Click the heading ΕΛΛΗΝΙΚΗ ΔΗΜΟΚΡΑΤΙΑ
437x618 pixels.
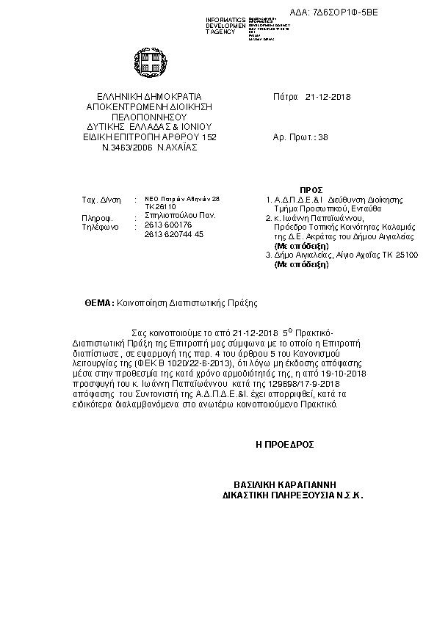click(149, 96)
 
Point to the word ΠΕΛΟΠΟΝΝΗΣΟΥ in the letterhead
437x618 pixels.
click(149, 116)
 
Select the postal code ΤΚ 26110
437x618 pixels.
click(156, 207)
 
